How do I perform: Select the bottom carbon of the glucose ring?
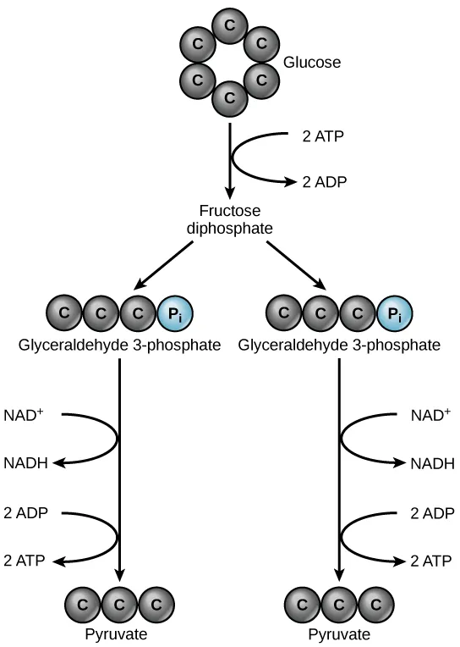pos(229,98)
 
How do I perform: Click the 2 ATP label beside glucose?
pos(321,135)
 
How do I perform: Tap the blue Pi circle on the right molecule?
pos(394,314)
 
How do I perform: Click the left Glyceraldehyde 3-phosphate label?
pos(118,346)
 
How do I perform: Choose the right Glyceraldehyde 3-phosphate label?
pos(339,346)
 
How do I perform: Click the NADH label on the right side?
pos(432,463)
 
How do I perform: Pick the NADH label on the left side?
pos(25,463)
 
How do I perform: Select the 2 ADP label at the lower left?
pos(25,513)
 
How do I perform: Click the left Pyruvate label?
pos(119,634)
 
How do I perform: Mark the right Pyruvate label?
pos(338,634)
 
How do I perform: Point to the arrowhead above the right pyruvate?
pos(339,578)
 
